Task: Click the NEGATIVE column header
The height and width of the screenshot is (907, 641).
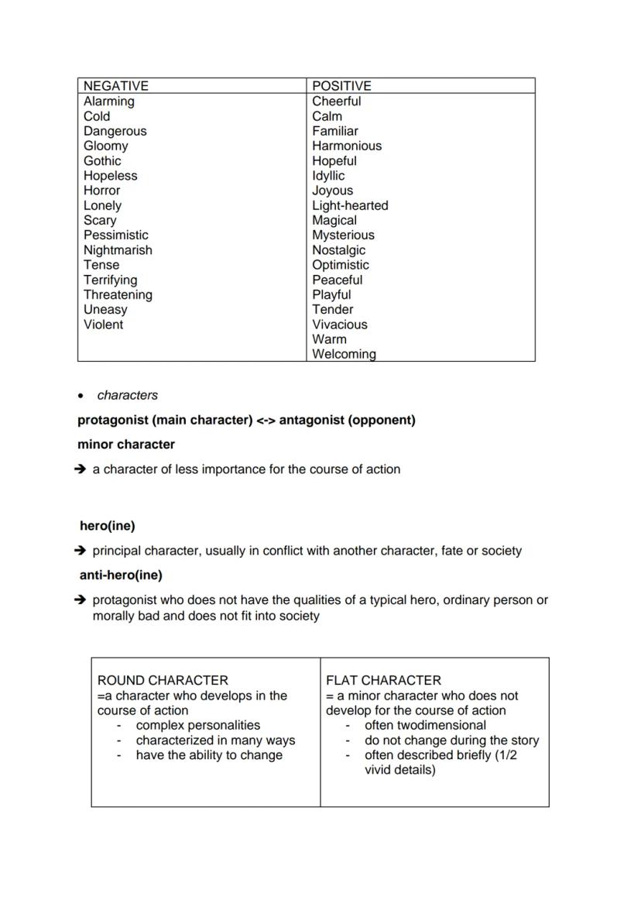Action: pos(115,86)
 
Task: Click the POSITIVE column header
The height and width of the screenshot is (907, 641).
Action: pos(341,86)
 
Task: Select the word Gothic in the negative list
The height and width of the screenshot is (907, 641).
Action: pos(102,161)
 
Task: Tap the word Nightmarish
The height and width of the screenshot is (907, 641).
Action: pos(118,250)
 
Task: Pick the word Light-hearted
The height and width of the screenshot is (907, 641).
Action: pos(350,206)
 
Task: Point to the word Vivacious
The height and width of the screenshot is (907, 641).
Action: pos(339,325)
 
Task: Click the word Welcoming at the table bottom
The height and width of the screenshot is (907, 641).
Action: pos(344,354)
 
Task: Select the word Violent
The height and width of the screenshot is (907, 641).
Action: pos(103,325)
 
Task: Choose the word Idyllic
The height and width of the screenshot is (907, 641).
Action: pos(328,176)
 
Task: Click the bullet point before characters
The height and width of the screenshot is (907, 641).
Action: pos(81,396)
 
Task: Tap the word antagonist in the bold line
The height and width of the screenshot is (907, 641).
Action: pos(310,420)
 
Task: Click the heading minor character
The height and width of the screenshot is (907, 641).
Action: pos(126,445)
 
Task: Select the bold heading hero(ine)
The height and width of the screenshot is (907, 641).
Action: pos(108,526)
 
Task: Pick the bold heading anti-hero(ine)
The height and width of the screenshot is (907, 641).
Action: pos(121,575)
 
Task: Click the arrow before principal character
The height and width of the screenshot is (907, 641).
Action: pos(81,551)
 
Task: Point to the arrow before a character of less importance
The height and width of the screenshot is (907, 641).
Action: pos(81,469)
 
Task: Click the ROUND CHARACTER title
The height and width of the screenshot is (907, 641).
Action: pos(163,680)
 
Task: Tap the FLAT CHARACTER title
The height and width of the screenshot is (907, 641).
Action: pos(383,680)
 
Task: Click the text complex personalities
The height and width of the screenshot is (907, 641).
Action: pos(198,725)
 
